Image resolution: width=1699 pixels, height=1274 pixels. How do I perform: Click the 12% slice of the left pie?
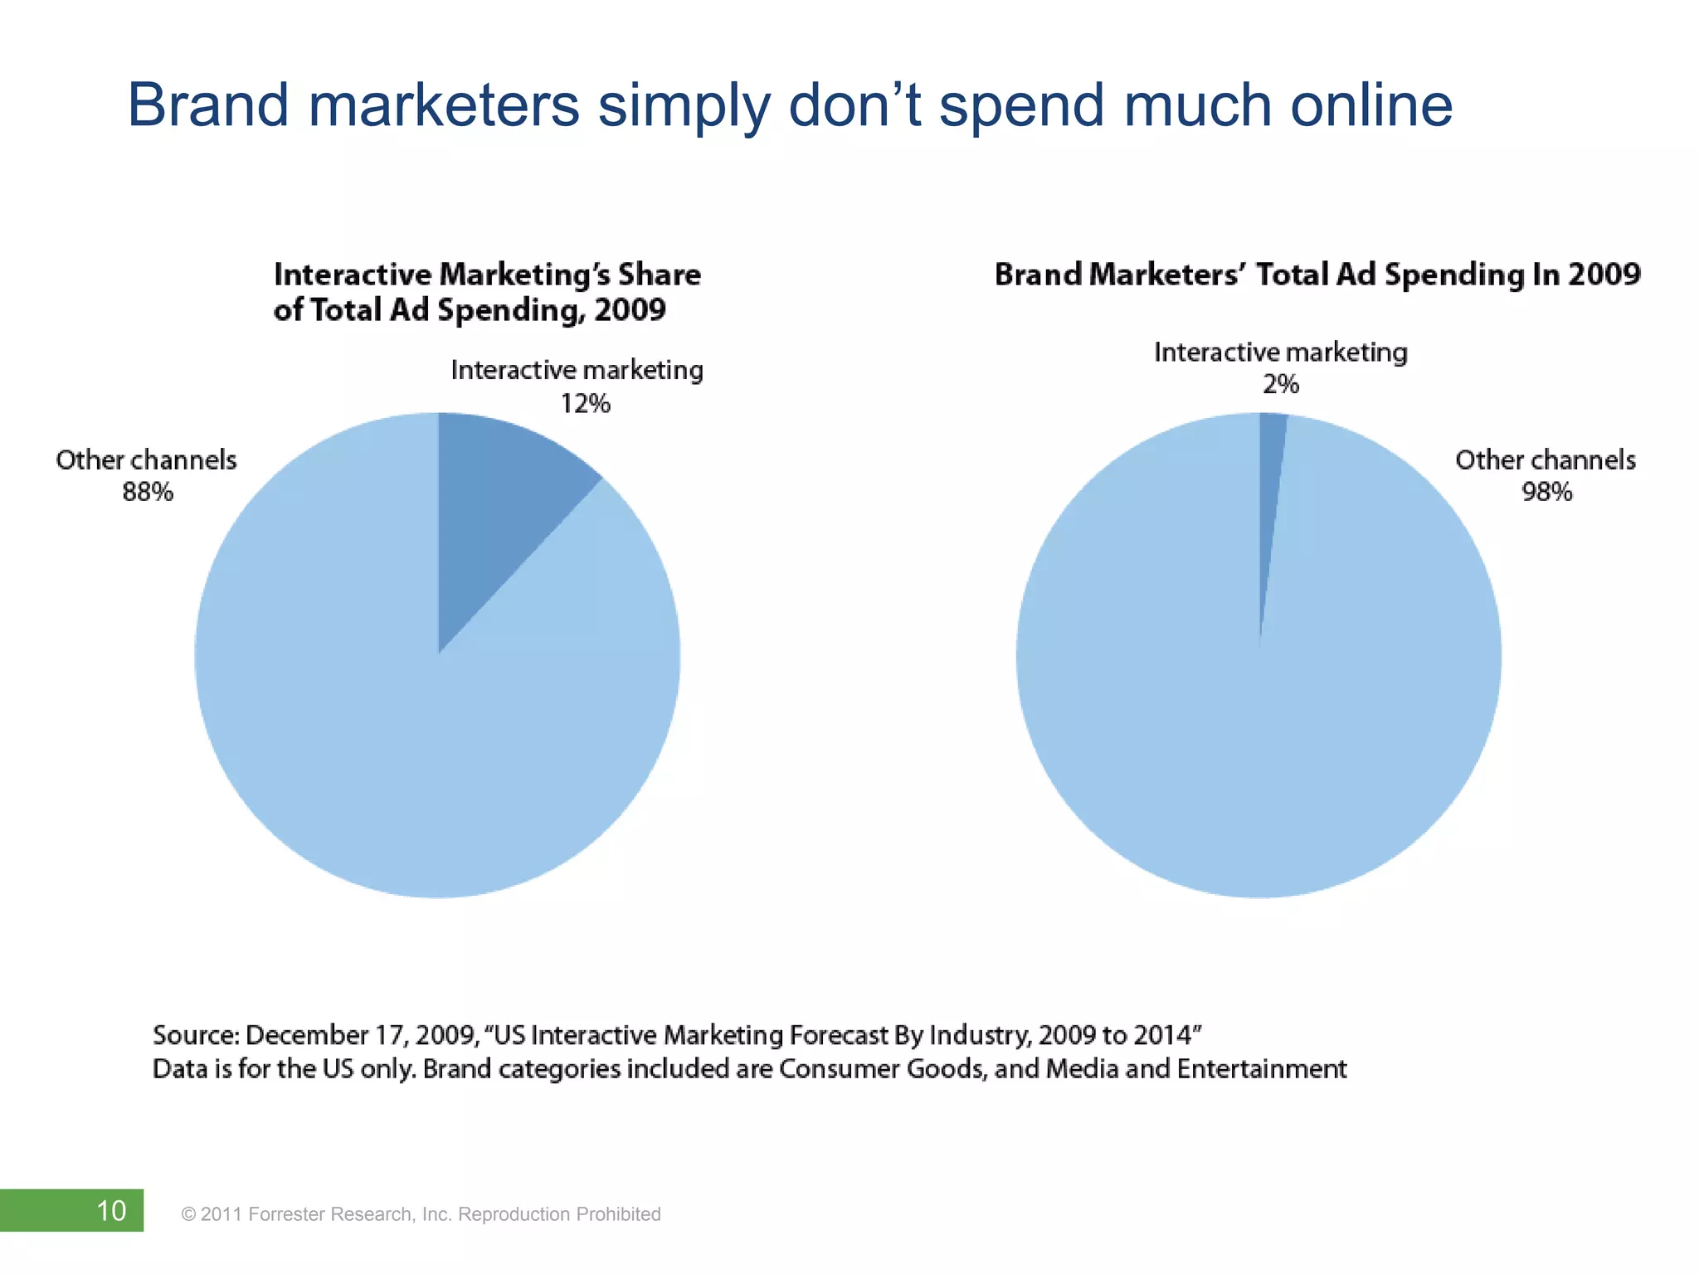coord(498,498)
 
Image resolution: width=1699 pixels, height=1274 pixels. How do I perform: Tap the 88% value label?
coord(148,492)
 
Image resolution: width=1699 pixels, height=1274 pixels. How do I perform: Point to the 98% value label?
coord(1546,492)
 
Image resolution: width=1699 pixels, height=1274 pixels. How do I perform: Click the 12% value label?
coord(585,404)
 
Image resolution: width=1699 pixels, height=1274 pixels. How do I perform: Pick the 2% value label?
coord(1280,384)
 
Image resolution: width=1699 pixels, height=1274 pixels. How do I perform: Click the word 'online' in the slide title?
coord(1371,105)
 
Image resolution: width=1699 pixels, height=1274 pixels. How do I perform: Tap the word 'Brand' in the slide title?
coord(208,105)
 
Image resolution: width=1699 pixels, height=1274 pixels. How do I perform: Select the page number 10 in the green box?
coord(111,1211)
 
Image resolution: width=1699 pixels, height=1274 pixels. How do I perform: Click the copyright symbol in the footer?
coord(188,1215)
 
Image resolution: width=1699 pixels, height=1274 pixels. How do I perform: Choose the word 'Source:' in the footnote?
coord(196,1035)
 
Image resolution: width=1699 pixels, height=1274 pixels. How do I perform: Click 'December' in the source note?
coord(306,1035)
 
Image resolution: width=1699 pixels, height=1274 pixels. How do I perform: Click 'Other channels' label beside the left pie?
coord(146,460)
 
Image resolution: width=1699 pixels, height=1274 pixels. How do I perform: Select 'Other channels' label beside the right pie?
coord(1546,460)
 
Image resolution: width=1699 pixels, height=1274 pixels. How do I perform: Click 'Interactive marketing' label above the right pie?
coord(1280,353)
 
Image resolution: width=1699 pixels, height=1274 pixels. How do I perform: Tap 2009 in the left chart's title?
coord(630,310)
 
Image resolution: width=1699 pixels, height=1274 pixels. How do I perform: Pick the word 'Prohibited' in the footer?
coord(618,1214)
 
